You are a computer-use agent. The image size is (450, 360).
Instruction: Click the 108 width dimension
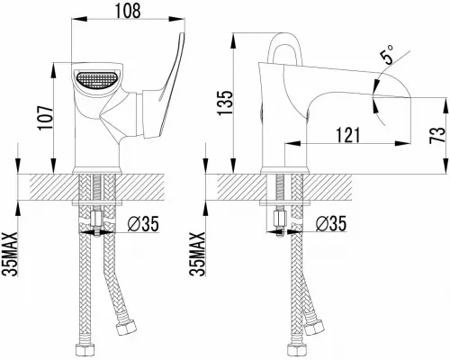[128, 11]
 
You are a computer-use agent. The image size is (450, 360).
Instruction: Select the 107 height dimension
[45, 117]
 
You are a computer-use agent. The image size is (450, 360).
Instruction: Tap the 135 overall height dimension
[225, 103]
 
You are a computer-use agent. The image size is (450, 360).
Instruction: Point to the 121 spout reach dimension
[347, 135]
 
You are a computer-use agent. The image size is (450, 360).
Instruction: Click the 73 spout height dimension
[436, 135]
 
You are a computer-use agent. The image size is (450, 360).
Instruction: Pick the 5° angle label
[387, 55]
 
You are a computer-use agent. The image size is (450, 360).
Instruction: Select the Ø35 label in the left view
[143, 224]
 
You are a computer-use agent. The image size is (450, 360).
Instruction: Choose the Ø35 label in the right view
[331, 223]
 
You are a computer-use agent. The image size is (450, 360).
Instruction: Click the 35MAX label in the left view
[10, 254]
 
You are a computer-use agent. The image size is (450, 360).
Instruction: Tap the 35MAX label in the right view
[198, 254]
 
